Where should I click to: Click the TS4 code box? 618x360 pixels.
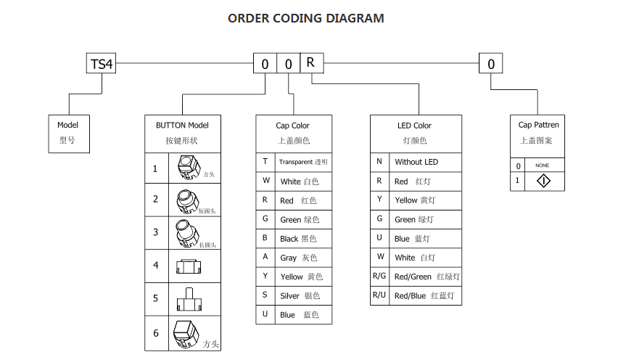tap(102, 64)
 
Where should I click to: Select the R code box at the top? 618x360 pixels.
tap(310, 63)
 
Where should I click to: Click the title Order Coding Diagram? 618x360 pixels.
tap(306, 18)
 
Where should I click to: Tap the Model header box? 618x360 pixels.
tap(68, 133)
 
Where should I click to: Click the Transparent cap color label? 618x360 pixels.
tap(303, 162)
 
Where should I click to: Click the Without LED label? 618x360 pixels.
tap(416, 162)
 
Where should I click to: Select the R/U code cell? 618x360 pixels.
tap(379, 295)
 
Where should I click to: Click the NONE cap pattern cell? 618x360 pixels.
tap(543, 165)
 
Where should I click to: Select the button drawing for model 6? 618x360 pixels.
tap(186, 334)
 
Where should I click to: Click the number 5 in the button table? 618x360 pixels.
tap(155, 298)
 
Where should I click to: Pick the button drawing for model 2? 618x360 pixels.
tap(186, 199)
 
